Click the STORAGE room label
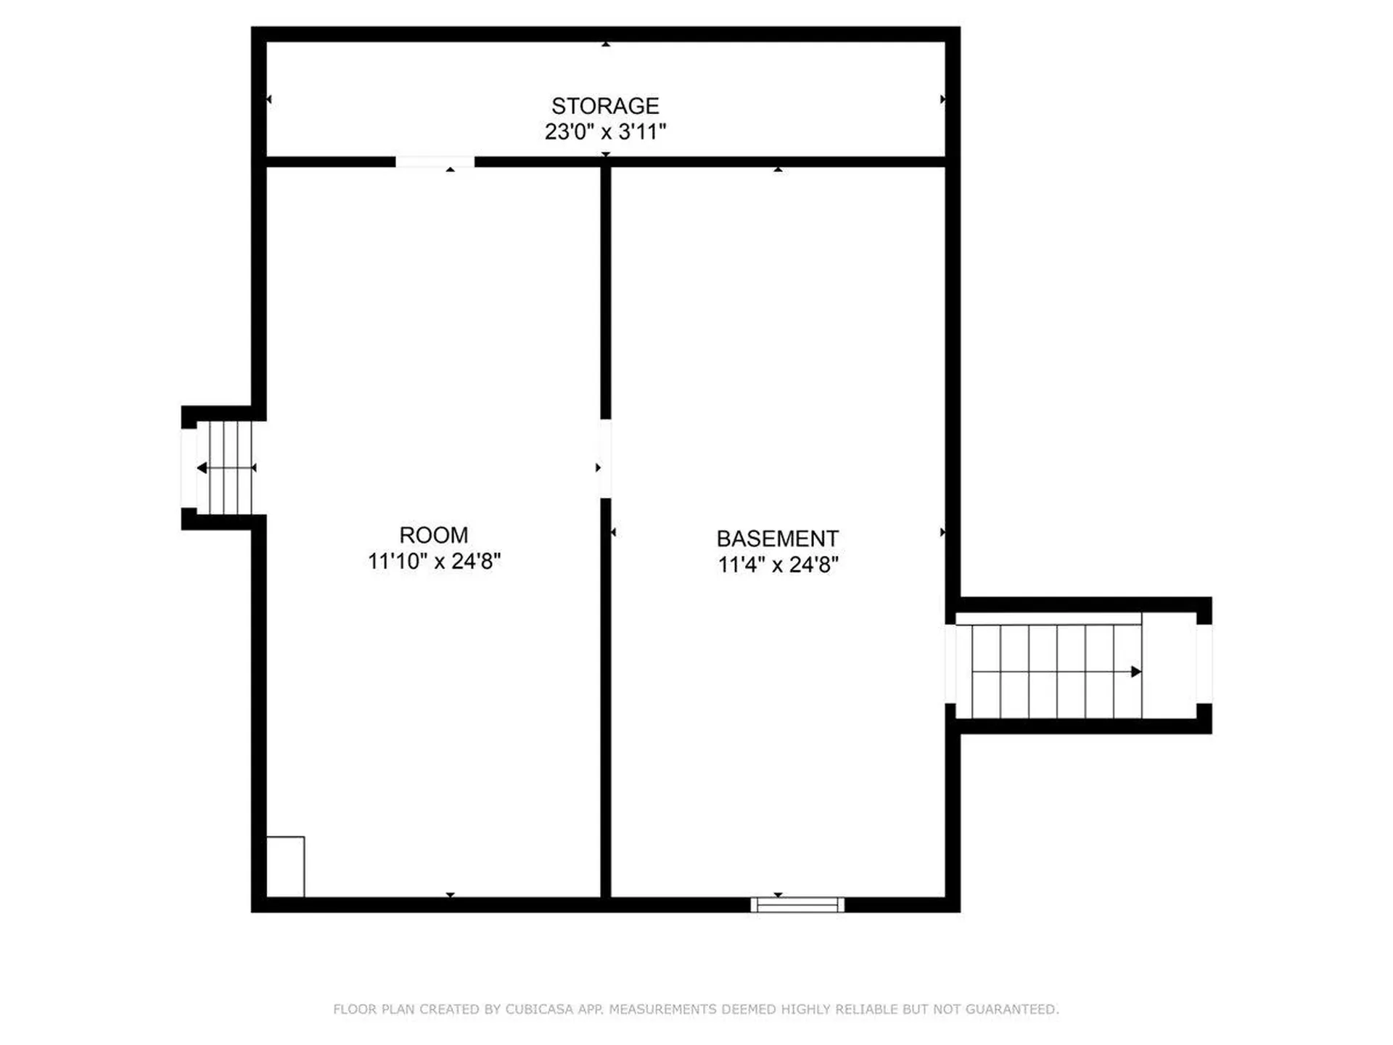click(x=605, y=106)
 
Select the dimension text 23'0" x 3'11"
click(x=605, y=132)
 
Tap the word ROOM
click(x=434, y=536)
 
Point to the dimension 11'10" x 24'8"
click(x=434, y=561)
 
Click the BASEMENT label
click(x=777, y=538)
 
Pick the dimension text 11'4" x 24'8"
click(x=778, y=565)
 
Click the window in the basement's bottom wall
click(x=797, y=904)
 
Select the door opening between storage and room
click(x=435, y=162)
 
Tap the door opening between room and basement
click(x=605, y=459)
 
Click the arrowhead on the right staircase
click(x=1136, y=672)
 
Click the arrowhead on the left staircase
click(x=202, y=468)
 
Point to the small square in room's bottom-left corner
click(x=285, y=866)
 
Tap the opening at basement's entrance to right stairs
click(x=950, y=663)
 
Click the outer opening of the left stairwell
click(x=189, y=468)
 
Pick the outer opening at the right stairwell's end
click(x=1204, y=663)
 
